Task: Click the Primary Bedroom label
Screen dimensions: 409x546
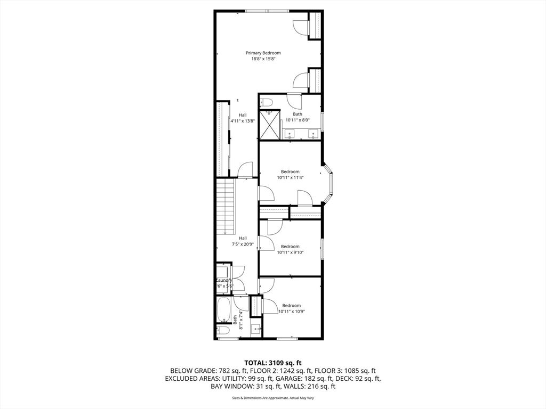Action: pos(263,53)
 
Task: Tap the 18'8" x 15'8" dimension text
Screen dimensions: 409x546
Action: pos(263,59)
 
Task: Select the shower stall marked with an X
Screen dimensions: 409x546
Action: pos(269,124)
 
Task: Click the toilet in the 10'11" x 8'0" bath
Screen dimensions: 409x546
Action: pos(267,102)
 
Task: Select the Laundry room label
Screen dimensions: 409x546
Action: pos(224,281)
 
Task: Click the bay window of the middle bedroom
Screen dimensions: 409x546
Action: pos(330,185)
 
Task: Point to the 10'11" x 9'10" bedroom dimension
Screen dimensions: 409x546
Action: pos(290,253)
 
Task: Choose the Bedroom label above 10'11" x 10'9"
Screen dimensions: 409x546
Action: pos(291,305)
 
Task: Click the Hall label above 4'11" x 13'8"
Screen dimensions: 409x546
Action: pos(243,115)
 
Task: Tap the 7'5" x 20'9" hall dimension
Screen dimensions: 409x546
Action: pos(243,244)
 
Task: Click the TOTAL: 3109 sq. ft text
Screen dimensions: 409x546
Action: pos(272,362)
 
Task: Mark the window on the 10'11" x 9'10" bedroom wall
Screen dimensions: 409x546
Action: pos(322,249)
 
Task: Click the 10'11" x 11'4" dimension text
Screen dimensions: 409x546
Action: pos(290,178)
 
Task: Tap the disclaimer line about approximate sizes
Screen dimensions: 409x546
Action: pos(272,398)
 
